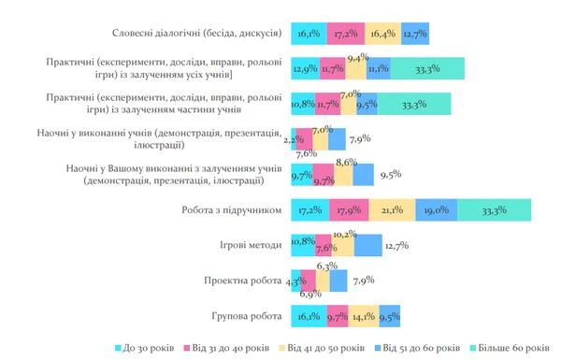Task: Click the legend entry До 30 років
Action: (x=145, y=348)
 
